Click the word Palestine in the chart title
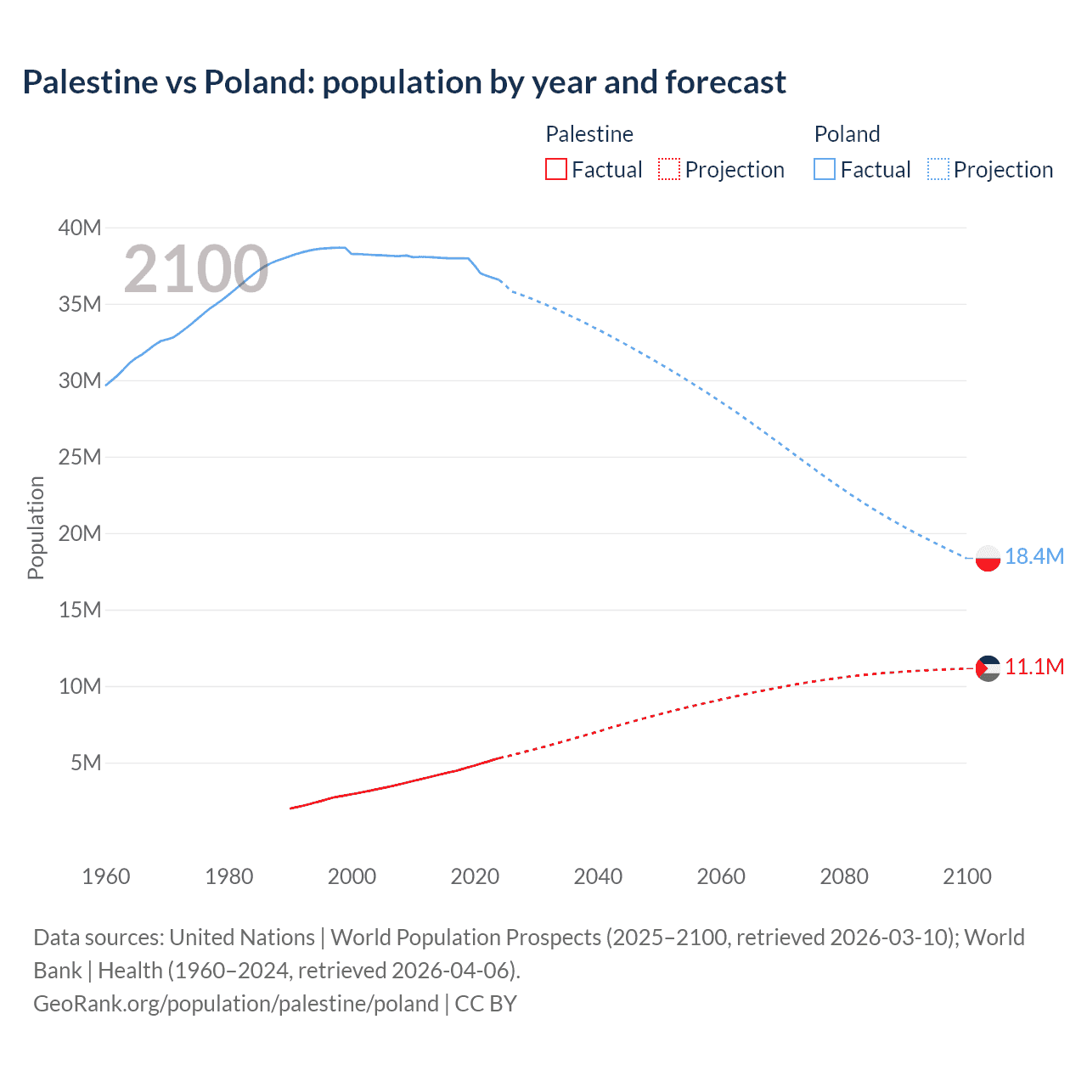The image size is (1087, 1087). click(90, 82)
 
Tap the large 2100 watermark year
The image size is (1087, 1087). click(196, 269)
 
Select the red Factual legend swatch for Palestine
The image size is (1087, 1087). click(555, 169)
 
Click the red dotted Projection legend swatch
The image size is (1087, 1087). click(669, 169)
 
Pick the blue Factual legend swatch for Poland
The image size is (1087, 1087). click(824, 169)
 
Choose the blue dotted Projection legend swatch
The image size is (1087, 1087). click(938, 169)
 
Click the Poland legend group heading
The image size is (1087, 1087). click(847, 134)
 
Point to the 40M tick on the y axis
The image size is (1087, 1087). click(80, 228)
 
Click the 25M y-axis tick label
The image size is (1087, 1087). click(80, 457)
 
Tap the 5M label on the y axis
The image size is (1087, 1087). click(86, 763)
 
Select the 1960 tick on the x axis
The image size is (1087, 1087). click(106, 876)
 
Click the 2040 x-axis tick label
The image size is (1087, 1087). click(598, 876)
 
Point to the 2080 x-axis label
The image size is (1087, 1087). click(844, 876)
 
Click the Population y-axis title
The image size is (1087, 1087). click(36, 527)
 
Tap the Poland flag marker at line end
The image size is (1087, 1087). click(988, 558)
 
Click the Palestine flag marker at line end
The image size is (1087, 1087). click(988, 668)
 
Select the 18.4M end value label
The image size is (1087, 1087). click(1033, 556)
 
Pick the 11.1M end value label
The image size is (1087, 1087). click(1033, 667)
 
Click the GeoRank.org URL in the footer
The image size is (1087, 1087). click(236, 1004)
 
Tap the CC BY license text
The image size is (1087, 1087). click(486, 1004)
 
